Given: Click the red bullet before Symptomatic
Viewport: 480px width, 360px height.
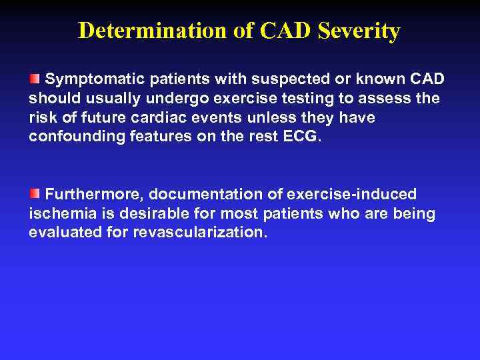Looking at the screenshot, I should (x=34, y=79).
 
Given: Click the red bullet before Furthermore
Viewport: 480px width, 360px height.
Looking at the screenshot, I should (x=34, y=194).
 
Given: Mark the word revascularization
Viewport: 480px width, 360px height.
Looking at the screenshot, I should (x=200, y=233).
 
